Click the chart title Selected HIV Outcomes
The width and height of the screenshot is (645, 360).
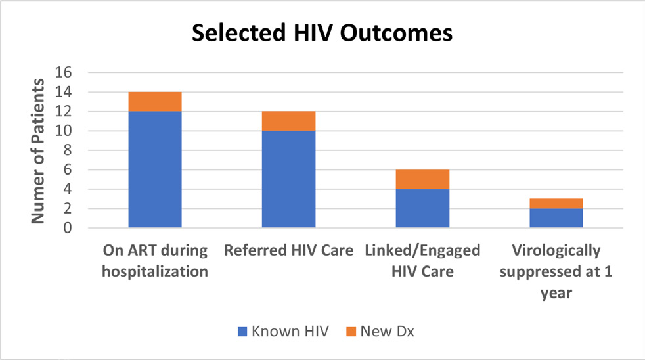point(322,33)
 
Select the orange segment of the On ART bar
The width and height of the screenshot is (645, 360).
point(155,102)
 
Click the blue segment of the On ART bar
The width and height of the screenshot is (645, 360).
point(155,169)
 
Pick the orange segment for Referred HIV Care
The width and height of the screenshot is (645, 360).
point(289,121)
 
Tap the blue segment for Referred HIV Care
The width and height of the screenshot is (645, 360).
point(289,179)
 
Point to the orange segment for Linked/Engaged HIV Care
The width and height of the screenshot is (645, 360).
point(422,179)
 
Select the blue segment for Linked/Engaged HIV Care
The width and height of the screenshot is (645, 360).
point(422,208)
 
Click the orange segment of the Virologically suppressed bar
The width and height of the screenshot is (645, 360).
point(556,204)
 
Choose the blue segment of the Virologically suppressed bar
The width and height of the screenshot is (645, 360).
point(556,218)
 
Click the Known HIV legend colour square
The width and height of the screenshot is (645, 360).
point(242,332)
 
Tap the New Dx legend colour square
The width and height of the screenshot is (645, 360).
point(351,332)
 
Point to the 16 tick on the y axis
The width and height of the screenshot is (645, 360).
point(63,73)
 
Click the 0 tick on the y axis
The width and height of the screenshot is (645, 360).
point(68,228)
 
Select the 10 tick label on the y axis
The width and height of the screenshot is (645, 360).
point(63,131)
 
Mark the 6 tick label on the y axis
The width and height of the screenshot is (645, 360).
point(68,169)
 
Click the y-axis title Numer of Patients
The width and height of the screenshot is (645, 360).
point(38,151)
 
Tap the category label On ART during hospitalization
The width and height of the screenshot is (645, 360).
point(155,261)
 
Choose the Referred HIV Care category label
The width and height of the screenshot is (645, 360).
point(289,250)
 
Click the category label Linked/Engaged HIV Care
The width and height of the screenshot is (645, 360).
point(422,261)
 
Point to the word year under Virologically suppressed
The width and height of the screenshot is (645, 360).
point(556,294)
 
